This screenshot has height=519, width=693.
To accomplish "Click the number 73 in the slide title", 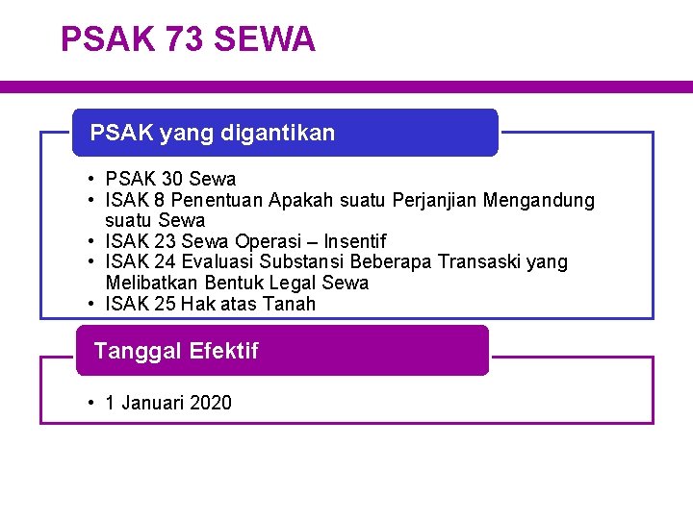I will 183,39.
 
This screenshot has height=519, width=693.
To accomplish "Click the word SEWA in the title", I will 265,39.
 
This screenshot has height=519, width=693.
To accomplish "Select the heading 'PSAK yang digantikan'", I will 213,133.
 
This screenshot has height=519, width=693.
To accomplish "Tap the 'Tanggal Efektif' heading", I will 176,351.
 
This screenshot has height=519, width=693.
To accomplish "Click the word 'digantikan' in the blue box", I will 278,133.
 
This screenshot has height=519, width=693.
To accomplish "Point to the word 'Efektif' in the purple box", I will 224,351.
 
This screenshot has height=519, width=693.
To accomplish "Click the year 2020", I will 211,403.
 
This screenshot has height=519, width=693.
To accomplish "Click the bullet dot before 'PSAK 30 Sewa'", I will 88,179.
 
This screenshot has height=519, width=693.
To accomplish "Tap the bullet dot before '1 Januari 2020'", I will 88,403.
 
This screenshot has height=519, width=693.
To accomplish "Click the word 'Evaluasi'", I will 220,262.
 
